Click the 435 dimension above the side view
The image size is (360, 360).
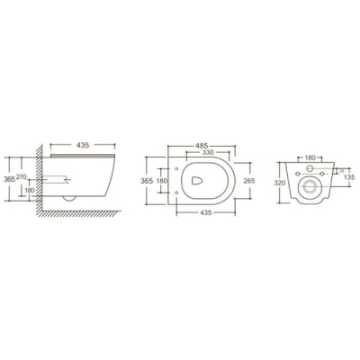(x=83, y=145)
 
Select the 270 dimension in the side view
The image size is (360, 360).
(x=22, y=177)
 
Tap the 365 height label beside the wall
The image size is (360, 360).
(x=9, y=179)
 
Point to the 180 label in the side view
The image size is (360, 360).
(x=30, y=190)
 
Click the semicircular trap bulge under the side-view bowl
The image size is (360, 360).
(x=69, y=199)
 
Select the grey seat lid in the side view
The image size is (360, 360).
(x=83, y=156)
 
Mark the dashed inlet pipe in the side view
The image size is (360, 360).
(x=57, y=179)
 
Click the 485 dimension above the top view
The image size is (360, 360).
(x=202, y=146)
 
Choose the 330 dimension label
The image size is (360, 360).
(x=208, y=152)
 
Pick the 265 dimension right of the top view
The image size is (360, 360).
(x=249, y=181)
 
